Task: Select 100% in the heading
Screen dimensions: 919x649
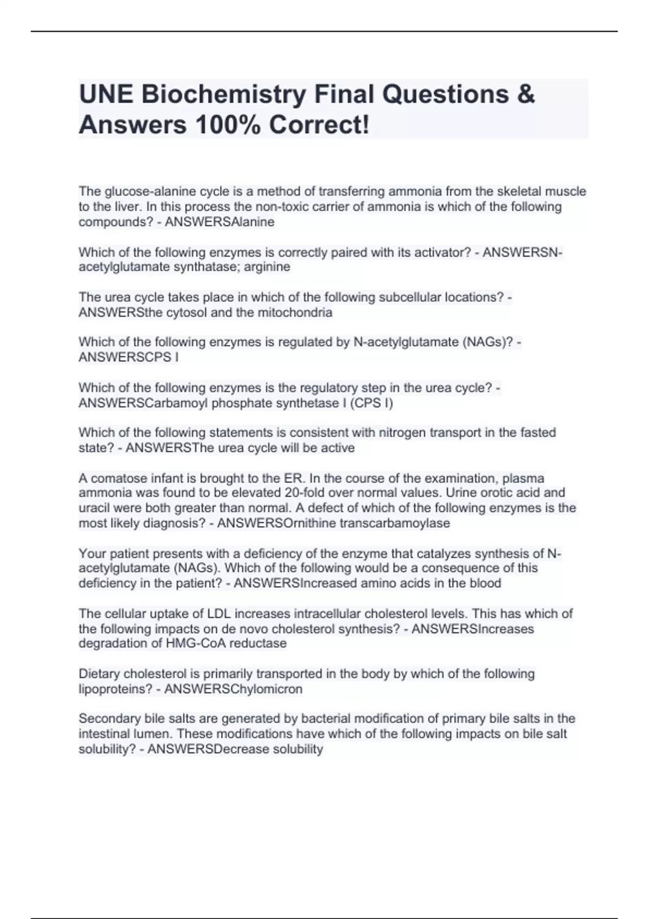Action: coord(228,125)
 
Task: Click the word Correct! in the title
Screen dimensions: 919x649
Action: coord(320,125)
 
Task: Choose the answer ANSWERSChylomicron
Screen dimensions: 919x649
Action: coord(233,689)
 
